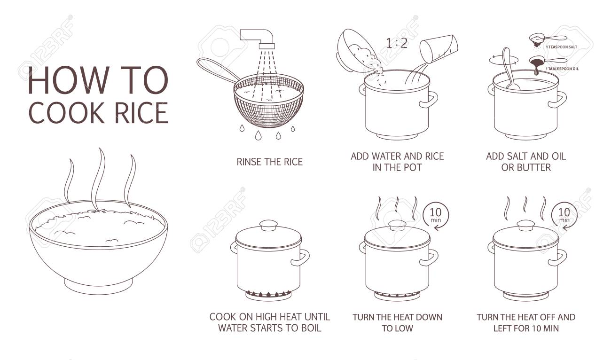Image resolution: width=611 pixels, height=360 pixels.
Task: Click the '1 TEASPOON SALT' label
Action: (562, 47)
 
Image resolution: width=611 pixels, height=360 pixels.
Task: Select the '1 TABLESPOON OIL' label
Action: (563, 69)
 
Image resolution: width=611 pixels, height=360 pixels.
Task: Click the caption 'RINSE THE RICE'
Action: (269, 162)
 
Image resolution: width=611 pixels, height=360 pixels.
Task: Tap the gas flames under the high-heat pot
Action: (268, 294)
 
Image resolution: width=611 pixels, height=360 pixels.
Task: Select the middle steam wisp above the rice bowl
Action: (99, 179)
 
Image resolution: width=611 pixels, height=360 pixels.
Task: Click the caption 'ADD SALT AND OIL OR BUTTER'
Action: (525, 162)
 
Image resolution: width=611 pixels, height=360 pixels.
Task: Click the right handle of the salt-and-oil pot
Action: (561, 98)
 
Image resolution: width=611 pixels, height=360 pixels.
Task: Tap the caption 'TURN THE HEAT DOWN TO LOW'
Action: (397, 322)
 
